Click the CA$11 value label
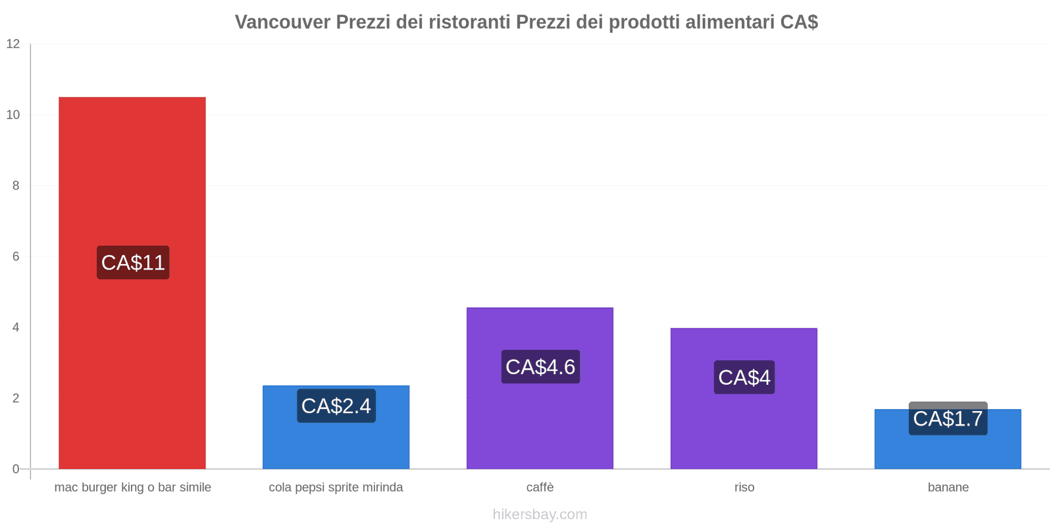pos(133,262)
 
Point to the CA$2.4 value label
pos(336,406)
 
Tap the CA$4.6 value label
pos(540,367)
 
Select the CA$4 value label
pos(744,377)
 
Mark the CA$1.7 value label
pos(948,418)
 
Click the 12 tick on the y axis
pos(13,44)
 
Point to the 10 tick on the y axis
pos(13,115)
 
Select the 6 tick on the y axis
pos(16,257)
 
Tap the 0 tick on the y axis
pos(16,469)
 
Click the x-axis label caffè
pos(540,487)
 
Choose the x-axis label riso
pos(744,487)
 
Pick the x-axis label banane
pos(948,487)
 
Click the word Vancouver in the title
pos(282,22)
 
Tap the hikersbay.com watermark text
pos(540,514)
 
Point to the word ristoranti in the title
pos(469,22)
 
